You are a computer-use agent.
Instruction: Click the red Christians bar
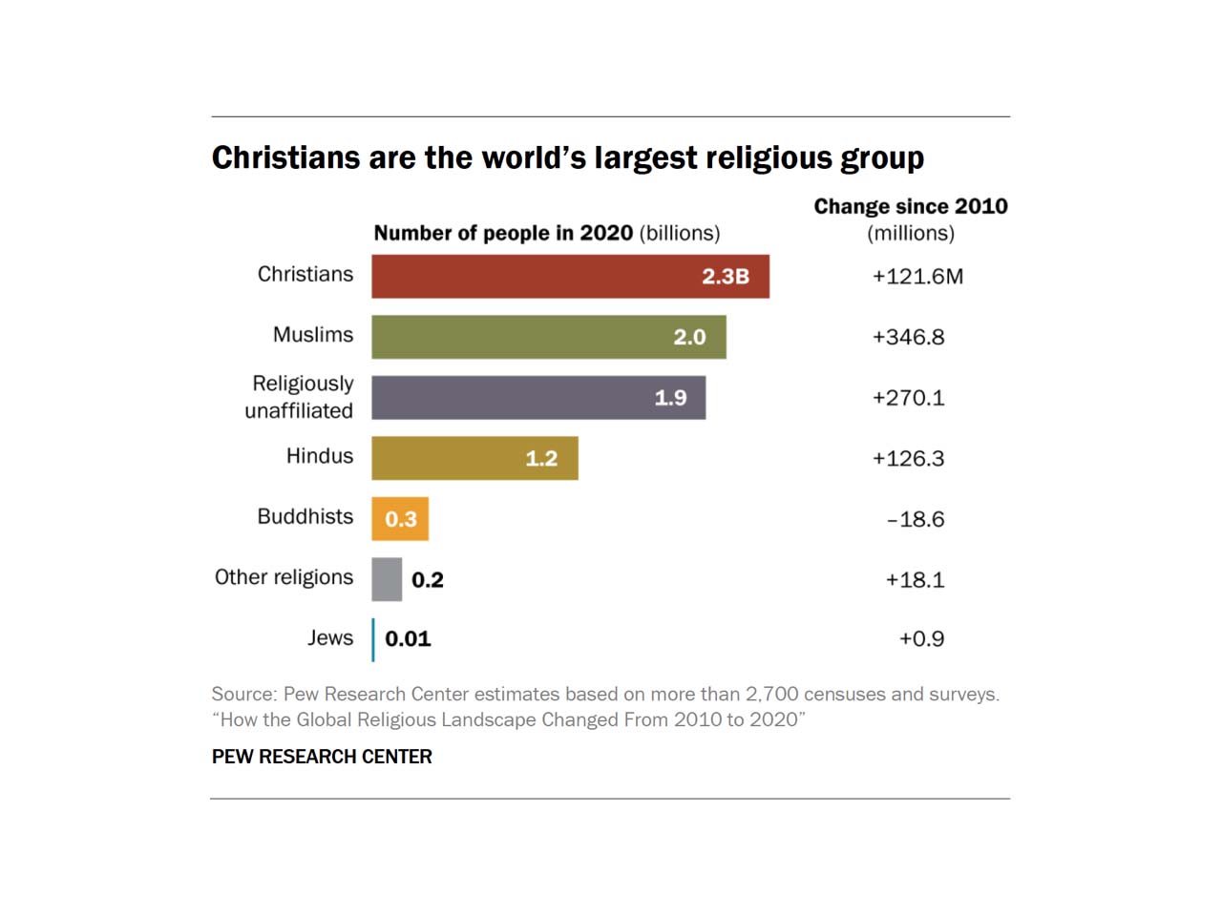pos(570,277)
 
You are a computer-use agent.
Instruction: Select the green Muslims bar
pos(549,337)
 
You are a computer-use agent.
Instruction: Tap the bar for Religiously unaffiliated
pos(538,398)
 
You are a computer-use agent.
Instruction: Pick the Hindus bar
pos(474,458)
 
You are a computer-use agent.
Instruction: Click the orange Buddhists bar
pos(400,519)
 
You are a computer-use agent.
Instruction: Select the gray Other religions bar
pos(387,579)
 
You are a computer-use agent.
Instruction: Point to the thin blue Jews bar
pos(373,639)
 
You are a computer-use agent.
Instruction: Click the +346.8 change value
pos(908,337)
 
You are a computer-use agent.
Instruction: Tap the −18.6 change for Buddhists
pos(916,519)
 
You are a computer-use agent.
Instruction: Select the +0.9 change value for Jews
pos(921,639)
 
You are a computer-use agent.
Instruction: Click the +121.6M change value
pos(917,277)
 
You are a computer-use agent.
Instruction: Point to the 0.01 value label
pos(408,639)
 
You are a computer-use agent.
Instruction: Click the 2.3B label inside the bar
pos(726,277)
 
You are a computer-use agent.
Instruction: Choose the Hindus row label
pos(320,456)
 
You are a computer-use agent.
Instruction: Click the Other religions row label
pos(284,577)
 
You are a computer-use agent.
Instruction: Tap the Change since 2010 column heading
pos(911,207)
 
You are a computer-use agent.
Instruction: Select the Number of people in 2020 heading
pos(503,234)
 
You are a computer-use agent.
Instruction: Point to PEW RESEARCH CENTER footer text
pos(322,757)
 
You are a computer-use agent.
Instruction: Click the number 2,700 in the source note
pos(771,695)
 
